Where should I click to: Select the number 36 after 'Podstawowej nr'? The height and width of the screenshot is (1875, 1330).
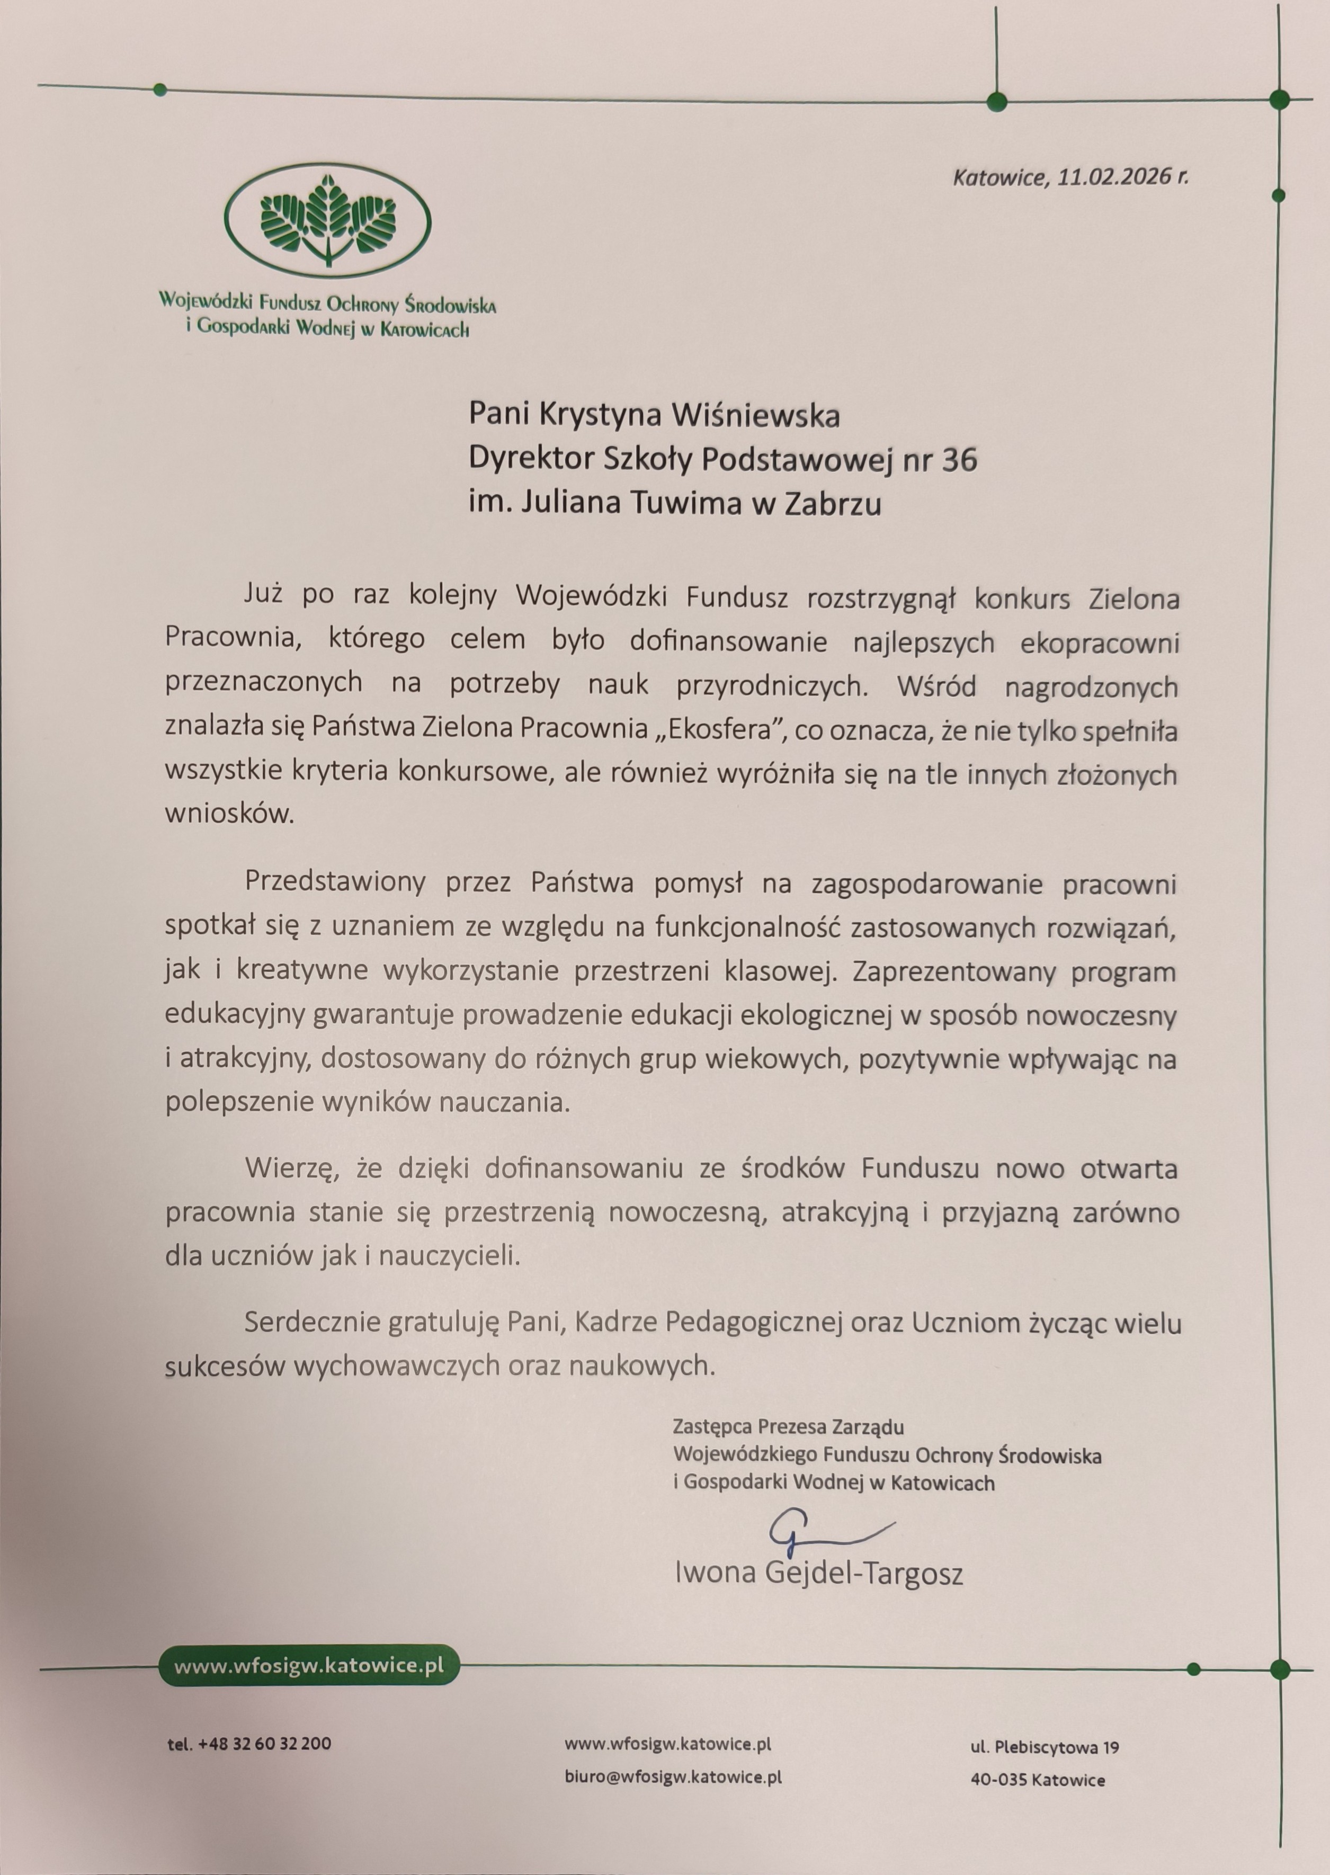[960, 460]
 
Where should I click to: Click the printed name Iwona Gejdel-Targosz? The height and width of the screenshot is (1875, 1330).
[818, 1573]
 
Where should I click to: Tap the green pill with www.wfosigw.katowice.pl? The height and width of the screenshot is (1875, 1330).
[309, 1665]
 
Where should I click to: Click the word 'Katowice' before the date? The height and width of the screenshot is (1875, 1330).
[1000, 177]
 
